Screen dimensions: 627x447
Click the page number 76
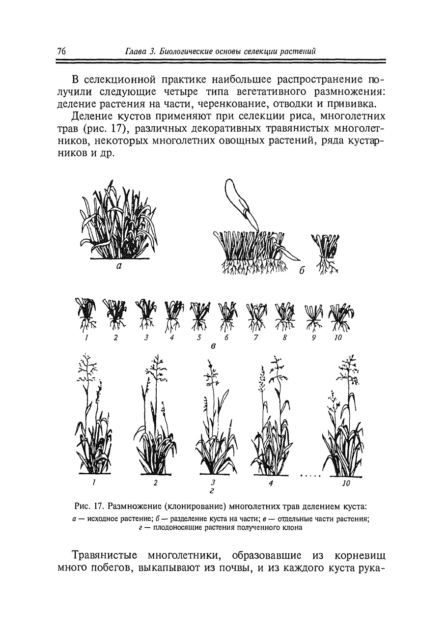pyautogui.click(x=61, y=51)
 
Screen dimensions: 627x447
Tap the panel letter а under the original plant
pyautogui.click(x=118, y=267)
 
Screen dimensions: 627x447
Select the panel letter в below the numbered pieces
pyautogui.click(x=213, y=346)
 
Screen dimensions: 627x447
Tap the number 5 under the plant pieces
pyautogui.click(x=199, y=338)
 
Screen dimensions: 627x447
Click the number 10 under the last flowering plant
pyautogui.click(x=346, y=484)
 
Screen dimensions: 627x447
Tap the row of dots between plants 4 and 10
pyautogui.click(x=310, y=476)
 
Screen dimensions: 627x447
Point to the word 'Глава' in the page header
pyautogui.click(x=135, y=51)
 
